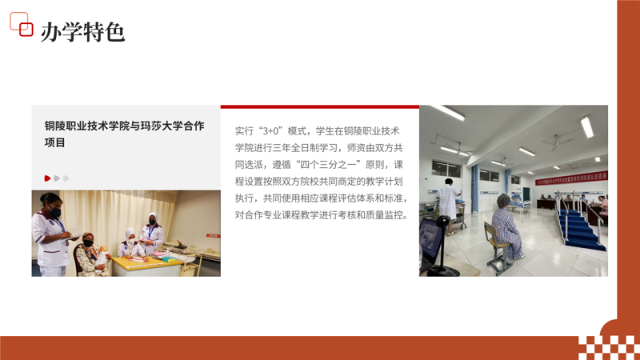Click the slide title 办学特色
pos(82,32)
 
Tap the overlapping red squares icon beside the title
pos(22,24)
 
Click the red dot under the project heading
pos(47,178)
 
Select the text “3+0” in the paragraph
pos(270,131)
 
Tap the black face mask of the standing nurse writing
pos(55,212)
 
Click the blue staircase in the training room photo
pos(580,230)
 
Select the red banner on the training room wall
pos(571,178)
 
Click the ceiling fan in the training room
pos(558,141)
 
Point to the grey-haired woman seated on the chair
pos(507,226)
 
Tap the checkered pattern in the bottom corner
pos(608,347)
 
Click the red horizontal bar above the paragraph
pos(319,107)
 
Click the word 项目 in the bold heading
pos(54,142)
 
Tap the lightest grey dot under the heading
pos(66,178)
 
